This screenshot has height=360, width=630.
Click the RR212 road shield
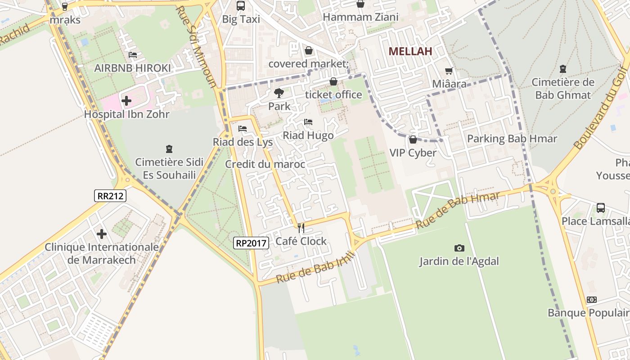[x=110, y=196]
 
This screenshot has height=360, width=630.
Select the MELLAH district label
[x=410, y=51]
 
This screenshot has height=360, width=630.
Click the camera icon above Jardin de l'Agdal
[x=459, y=248]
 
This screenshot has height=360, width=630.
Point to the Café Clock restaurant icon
[x=301, y=228]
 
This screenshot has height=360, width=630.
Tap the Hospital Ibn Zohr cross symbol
[x=126, y=101]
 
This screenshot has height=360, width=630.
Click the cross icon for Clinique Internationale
[x=102, y=234]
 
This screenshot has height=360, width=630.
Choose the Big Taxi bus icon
[x=241, y=6]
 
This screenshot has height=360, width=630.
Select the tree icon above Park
[x=279, y=93]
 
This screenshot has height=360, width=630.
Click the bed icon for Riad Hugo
[x=308, y=122]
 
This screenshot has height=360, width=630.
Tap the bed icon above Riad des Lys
[x=243, y=129]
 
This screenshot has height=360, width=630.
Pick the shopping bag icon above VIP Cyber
[x=413, y=139]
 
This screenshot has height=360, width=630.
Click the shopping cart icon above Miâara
[x=449, y=71]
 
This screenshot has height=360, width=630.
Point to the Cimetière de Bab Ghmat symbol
[x=562, y=69]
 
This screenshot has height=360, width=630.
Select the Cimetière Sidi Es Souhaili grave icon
[x=169, y=148]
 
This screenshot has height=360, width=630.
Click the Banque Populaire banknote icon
[x=592, y=300]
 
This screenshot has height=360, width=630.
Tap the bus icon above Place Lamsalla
[x=601, y=208]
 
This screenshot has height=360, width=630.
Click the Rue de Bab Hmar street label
[x=458, y=210]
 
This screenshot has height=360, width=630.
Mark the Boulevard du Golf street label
[x=601, y=117]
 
